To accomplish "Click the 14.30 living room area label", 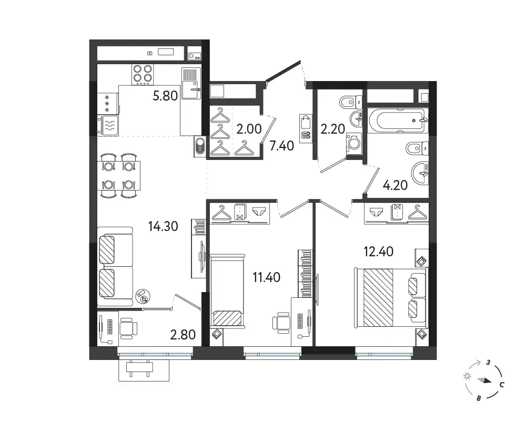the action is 163,226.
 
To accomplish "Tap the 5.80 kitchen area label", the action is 165,96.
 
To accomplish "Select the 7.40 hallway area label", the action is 282,146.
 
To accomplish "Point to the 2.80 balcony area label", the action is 183,335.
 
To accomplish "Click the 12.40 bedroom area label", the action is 379,252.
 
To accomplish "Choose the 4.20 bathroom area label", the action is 395,185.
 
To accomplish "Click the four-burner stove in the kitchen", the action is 143,74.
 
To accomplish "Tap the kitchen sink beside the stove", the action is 191,83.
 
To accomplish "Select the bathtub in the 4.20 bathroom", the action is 398,121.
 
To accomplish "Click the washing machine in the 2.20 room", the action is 354,144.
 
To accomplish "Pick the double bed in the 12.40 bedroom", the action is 391,297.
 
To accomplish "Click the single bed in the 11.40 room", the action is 227,290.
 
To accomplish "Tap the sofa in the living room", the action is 115,267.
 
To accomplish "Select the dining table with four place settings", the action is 119,176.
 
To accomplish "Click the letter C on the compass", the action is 502,385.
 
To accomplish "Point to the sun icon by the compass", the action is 467,376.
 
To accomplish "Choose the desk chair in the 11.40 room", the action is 281,322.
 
